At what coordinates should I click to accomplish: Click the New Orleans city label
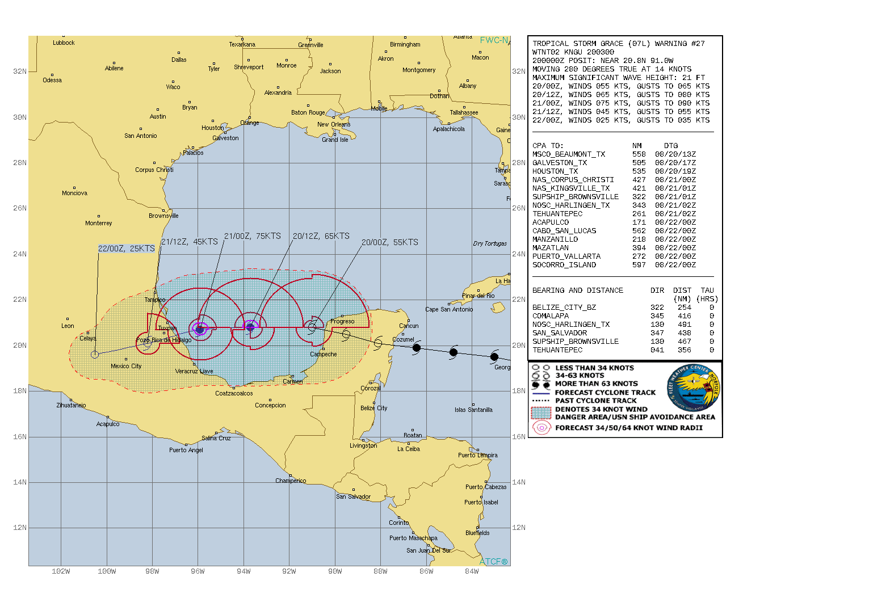click(x=334, y=124)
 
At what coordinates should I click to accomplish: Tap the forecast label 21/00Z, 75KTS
click(x=252, y=236)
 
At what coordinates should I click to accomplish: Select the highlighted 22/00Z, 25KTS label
click(x=126, y=249)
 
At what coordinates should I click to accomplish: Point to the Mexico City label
click(x=126, y=366)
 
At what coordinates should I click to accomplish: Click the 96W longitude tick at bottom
click(x=198, y=571)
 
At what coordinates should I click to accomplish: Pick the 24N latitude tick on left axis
click(x=20, y=254)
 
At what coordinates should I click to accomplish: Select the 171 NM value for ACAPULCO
click(x=639, y=222)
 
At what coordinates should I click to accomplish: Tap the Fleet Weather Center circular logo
click(x=693, y=389)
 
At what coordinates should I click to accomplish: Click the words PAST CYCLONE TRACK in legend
click(x=596, y=401)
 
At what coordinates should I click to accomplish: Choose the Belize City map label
click(x=373, y=408)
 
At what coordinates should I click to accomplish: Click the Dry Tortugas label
click(x=490, y=243)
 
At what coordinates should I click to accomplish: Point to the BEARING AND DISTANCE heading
click(x=577, y=291)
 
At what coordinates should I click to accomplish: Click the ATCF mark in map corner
click(x=493, y=562)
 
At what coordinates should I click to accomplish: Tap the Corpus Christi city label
click(x=154, y=170)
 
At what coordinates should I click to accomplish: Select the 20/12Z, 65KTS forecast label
click(x=321, y=236)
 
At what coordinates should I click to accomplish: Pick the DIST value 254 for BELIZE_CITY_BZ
click(x=684, y=308)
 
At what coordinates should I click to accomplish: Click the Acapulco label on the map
click(x=108, y=424)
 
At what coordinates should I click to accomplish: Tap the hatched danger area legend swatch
click(x=541, y=413)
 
